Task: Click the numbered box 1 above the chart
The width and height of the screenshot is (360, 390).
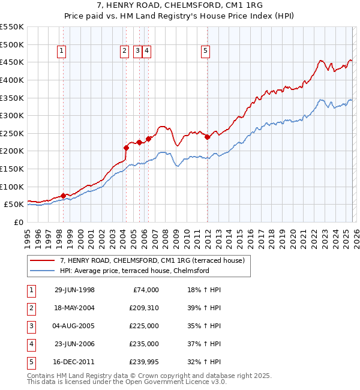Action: [62, 52]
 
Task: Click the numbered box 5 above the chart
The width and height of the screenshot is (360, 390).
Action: [205, 52]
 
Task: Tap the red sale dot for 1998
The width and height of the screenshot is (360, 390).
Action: [63, 196]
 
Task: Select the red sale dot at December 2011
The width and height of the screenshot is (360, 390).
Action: [207, 137]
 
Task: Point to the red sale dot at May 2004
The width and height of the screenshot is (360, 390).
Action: [126, 148]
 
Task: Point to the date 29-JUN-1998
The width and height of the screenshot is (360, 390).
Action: [74, 290]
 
